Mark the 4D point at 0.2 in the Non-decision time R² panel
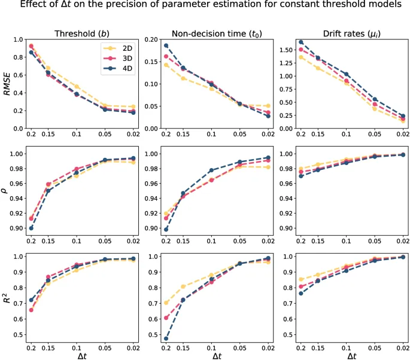click(x=165, y=338)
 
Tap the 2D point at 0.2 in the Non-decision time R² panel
click(x=165, y=303)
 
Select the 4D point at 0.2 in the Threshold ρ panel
click(x=31, y=228)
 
